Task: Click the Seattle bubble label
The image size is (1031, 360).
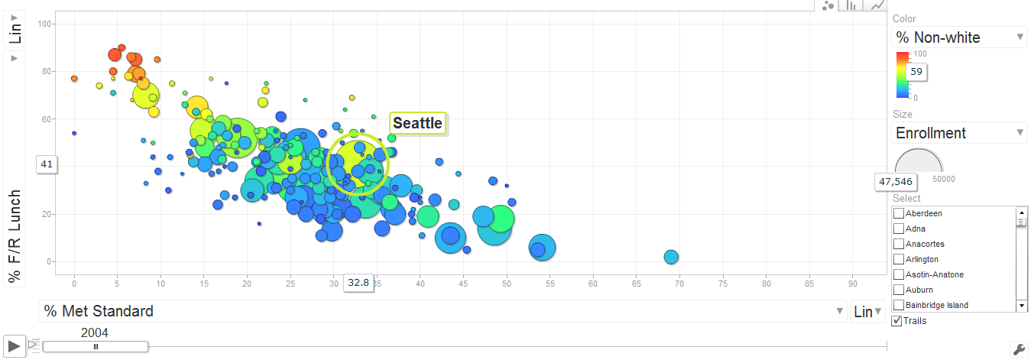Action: (417, 123)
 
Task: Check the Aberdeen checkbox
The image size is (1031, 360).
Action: (899, 213)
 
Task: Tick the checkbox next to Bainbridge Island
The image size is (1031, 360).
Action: (899, 305)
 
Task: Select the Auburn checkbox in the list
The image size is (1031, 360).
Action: (899, 290)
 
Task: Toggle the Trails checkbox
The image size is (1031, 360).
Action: (896, 320)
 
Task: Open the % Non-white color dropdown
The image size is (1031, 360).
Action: (959, 37)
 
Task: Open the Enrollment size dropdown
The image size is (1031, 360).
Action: (959, 133)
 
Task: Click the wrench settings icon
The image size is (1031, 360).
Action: (1018, 349)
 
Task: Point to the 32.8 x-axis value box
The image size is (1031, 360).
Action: (358, 283)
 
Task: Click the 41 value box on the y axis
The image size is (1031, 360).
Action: (47, 164)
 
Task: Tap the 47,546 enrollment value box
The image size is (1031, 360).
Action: (896, 182)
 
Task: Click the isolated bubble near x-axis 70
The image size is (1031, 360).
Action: (670, 257)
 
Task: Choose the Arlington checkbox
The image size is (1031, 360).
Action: (899, 259)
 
